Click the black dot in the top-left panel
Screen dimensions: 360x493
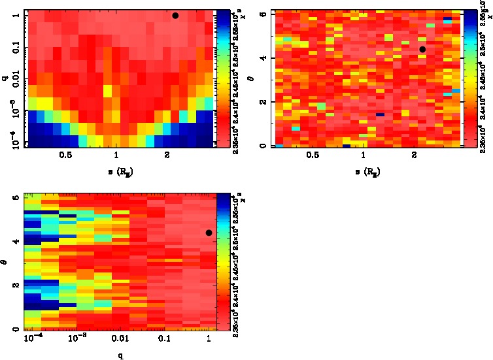coord(175,16)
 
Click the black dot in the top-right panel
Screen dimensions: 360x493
coord(422,49)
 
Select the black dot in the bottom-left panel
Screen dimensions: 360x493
coord(209,233)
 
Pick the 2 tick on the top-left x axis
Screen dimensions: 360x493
coord(167,155)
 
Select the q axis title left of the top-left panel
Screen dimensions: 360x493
coord(5,79)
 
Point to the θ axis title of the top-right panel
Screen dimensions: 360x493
coord(254,79)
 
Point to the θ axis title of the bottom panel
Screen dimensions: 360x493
coord(5,262)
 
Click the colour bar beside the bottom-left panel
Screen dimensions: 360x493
coord(222,262)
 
